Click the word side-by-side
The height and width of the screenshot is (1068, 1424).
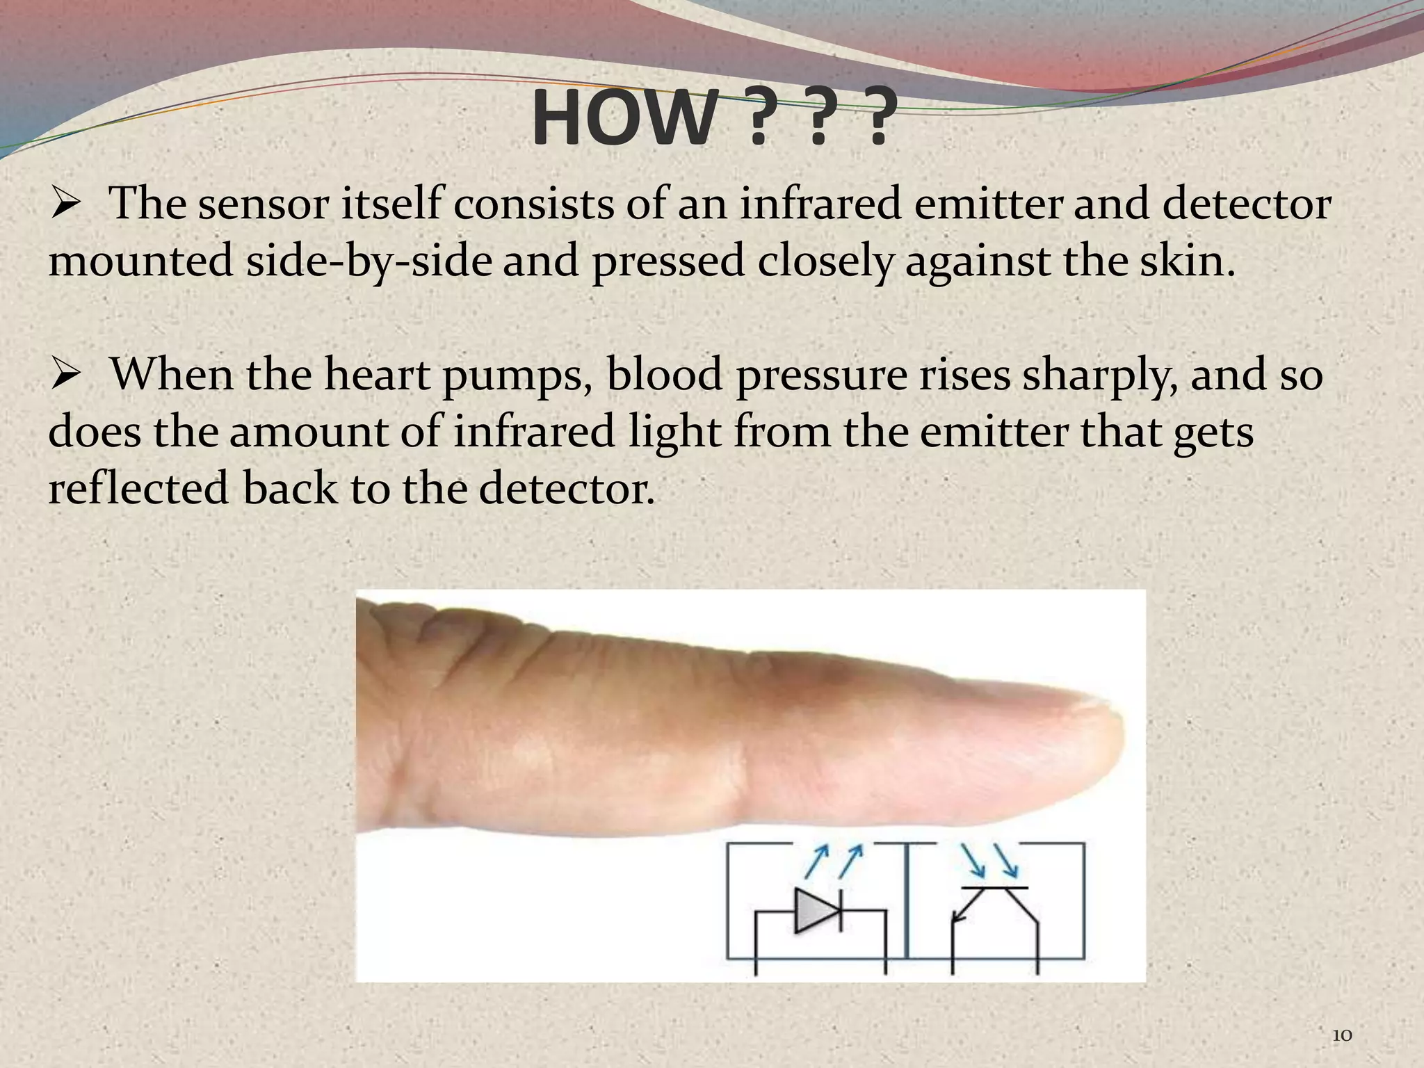(369, 261)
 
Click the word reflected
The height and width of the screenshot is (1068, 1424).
(138, 488)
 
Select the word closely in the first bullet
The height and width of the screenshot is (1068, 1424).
(824, 261)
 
